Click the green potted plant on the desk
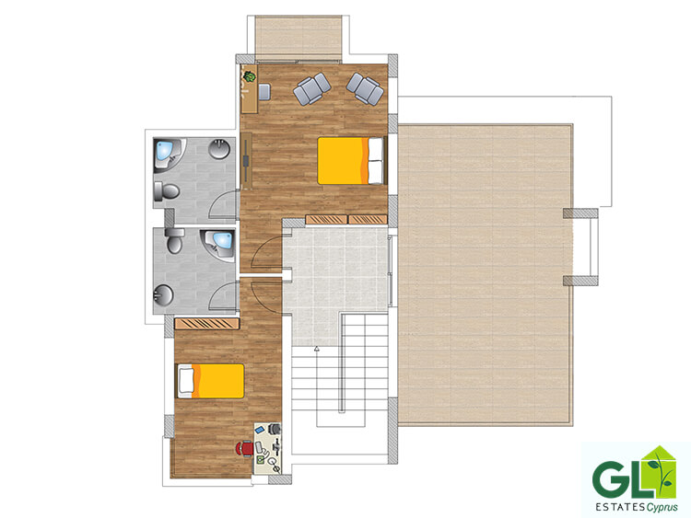pyautogui.click(x=250, y=76)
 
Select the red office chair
pyautogui.click(x=245, y=448)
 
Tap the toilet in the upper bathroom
pyautogui.click(x=166, y=192)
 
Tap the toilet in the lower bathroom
pyautogui.click(x=174, y=240)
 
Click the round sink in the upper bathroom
pyautogui.click(x=219, y=149)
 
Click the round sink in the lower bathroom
pyautogui.click(x=163, y=295)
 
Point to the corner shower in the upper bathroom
pyautogui.click(x=170, y=155)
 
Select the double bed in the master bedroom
pyautogui.click(x=351, y=161)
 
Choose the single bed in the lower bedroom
pyautogui.click(x=211, y=381)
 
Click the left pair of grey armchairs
pyautogui.click(x=312, y=89)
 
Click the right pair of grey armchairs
pyautogui.click(x=365, y=88)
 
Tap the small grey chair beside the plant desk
pyautogui.click(x=264, y=91)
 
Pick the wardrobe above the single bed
pyautogui.click(x=206, y=324)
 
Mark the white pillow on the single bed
pyautogui.click(x=186, y=381)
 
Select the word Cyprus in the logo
pyautogui.click(x=662, y=507)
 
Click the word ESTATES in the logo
pyautogui.click(x=620, y=507)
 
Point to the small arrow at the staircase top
pyautogui.click(x=316, y=349)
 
